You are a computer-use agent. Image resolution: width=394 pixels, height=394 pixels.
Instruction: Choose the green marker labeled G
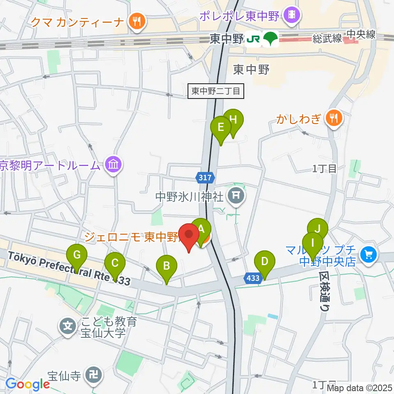(x=77, y=255)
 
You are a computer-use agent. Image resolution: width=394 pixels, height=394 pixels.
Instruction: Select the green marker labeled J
(x=317, y=229)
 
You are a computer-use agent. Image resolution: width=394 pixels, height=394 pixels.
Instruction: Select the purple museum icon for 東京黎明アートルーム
(x=112, y=165)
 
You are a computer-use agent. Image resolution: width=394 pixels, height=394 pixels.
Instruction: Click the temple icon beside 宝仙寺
(x=93, y=375)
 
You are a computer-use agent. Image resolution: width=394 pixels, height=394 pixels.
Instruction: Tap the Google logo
(x=27, y=385)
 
